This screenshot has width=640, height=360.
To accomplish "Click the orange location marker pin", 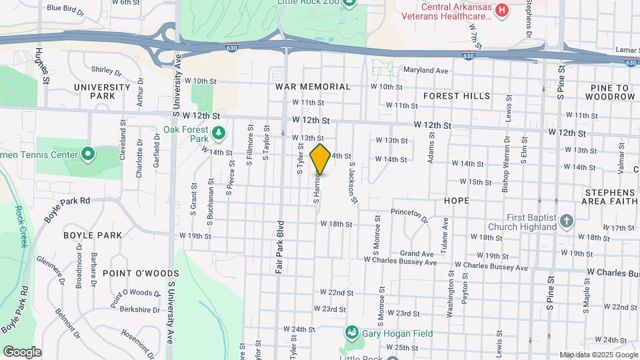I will [x=320, y=159].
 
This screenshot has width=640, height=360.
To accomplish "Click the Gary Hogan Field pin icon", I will [x=351, y=333].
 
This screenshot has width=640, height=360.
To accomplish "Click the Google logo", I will [x=21, y=352].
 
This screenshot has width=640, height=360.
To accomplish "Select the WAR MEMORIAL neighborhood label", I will [x=313, y=87].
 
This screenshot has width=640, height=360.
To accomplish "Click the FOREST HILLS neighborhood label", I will [x=457, y=96].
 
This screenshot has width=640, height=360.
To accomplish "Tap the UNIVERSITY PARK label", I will [x=102, y=91].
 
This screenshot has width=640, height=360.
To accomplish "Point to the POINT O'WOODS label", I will [x=131, y=273].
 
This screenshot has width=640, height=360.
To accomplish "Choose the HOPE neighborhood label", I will [x=457, y=200].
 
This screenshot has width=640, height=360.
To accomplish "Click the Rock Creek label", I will [x=19, y=227].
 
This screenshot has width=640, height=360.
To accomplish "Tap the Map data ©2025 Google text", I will [x=598, y=355].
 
